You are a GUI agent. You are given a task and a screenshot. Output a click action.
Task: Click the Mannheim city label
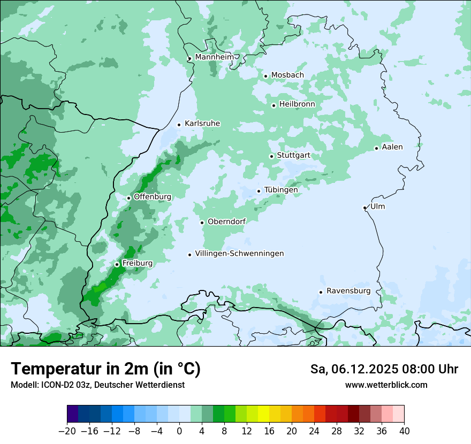214,57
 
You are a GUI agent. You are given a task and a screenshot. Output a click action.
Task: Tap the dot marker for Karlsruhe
179,125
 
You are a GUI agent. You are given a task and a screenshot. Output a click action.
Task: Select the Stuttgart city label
293,155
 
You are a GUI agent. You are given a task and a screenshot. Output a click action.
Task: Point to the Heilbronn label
297,104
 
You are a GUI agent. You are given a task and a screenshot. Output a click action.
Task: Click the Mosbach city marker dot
265,76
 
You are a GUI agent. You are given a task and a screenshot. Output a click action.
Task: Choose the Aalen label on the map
392,147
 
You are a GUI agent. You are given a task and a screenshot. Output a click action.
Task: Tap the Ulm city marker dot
364,208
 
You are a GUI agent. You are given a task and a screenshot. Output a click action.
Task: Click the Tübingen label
281,190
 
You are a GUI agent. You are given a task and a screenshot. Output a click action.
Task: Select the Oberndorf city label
226,221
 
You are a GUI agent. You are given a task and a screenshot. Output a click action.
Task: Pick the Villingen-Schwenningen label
239,254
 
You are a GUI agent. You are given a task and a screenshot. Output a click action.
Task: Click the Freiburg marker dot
117,264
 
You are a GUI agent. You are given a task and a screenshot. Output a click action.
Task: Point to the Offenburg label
153,196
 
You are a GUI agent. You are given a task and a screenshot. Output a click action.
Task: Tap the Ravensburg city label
348,291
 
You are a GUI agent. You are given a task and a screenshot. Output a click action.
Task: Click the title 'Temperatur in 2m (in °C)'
105,369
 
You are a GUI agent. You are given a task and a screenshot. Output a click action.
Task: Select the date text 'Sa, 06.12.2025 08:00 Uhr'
384,369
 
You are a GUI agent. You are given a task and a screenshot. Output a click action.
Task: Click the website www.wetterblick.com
386,385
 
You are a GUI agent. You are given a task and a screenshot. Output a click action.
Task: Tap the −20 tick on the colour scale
67,431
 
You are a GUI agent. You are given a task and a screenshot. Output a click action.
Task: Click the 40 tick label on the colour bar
404,431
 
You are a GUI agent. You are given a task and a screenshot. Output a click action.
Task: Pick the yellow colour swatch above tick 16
263,414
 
